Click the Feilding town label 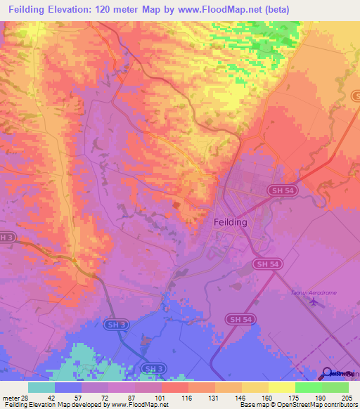click(x=230, y=221)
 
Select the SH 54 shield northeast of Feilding click(x=281, y=190)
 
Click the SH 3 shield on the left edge click(x=5, y=237)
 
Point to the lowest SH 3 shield click(x=153, y=368)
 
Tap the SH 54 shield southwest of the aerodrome click(x=239, y=319)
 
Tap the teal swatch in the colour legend click(x=41, y=387)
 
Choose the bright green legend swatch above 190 click(x=309, y=387)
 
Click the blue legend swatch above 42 click(x=68, y=387)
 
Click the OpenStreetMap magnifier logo click(x=328, y=373)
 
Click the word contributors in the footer click(x=337, y=405)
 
